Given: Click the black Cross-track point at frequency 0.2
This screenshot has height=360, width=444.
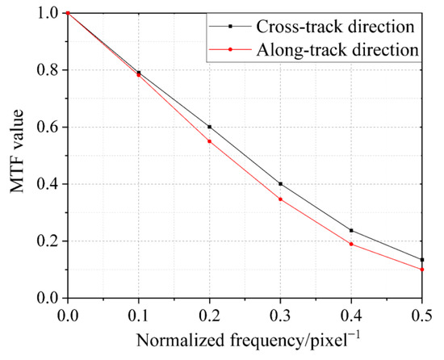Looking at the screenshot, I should pos(210,127).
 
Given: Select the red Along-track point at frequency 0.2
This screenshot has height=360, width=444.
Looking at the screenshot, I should pos(210,141).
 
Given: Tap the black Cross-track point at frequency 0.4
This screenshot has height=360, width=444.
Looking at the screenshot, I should pos(351,230).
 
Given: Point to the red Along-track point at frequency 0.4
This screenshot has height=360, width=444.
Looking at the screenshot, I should pos(351,244).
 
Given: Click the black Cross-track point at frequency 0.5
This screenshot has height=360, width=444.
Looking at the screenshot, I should pos(422,260).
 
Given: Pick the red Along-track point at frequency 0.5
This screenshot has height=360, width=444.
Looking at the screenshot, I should pos(422,270).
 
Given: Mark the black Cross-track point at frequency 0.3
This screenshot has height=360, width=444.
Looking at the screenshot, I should pos(280,184).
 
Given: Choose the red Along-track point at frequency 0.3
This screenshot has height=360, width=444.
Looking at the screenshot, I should pos(280,199).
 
